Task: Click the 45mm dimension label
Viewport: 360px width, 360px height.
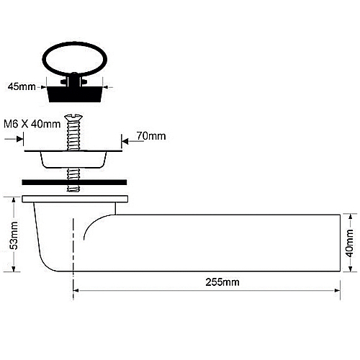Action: pos(22,86)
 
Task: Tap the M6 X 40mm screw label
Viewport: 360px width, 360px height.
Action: pos(32,124)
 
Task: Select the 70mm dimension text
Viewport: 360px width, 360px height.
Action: pos(151,136)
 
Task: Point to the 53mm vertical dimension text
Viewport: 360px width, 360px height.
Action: pos(14,235)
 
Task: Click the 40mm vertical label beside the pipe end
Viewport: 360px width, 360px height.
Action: pos(349,243)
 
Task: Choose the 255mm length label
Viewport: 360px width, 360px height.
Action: pos(222,282)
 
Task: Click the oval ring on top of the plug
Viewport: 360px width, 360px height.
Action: pos(75,59)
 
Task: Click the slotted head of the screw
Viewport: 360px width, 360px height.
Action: pos(73,117)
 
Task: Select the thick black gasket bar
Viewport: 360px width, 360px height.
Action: pos(74,182)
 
